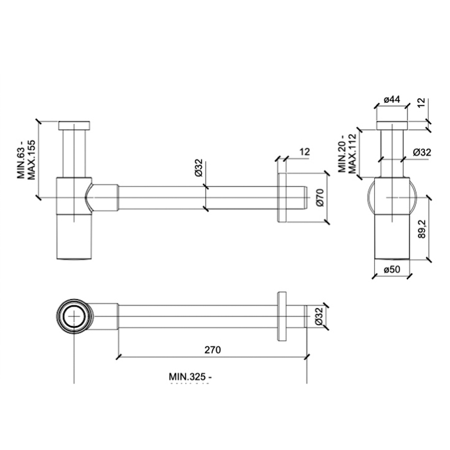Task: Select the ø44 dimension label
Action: (x=392, y=99)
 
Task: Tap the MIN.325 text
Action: (x=190, y=376)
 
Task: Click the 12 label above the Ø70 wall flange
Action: (x=305, y=152)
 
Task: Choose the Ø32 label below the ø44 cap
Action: (x=421, y=152)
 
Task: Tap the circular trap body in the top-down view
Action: (x=75, y=317)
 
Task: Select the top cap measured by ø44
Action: (x=392, y=125)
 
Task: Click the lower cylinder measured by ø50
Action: (x=392, y=235)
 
